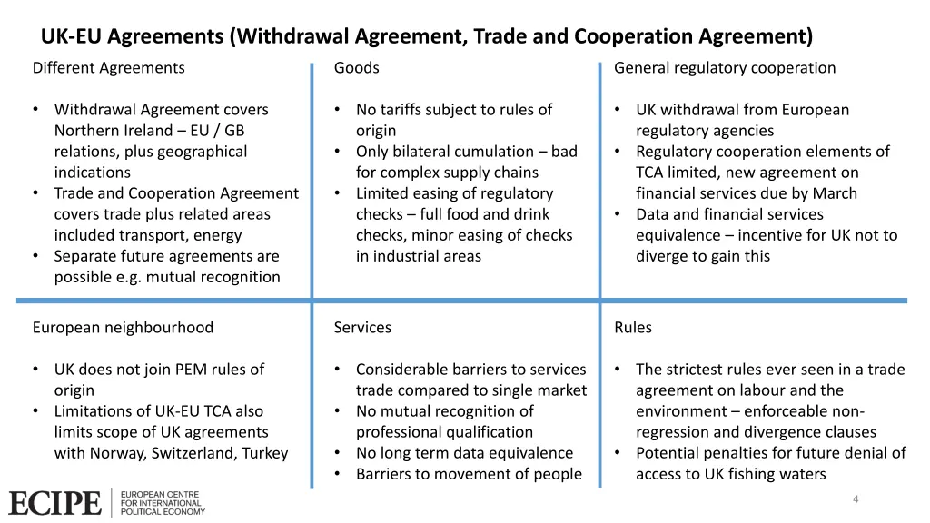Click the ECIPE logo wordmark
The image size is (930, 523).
tap(54, 503)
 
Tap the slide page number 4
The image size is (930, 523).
tap(856, 498)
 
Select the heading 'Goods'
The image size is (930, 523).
tap(357, 68)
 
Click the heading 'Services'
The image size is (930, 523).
tap(362, 328)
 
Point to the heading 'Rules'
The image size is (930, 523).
tap(633, 328)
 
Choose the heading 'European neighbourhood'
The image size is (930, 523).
tap(123, 328)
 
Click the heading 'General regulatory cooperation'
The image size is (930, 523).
tap(725, 68)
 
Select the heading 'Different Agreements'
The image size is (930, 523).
tap(108, 68)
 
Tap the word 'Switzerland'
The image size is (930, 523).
tap(192, 453)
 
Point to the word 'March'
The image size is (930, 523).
tap(835, 193)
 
